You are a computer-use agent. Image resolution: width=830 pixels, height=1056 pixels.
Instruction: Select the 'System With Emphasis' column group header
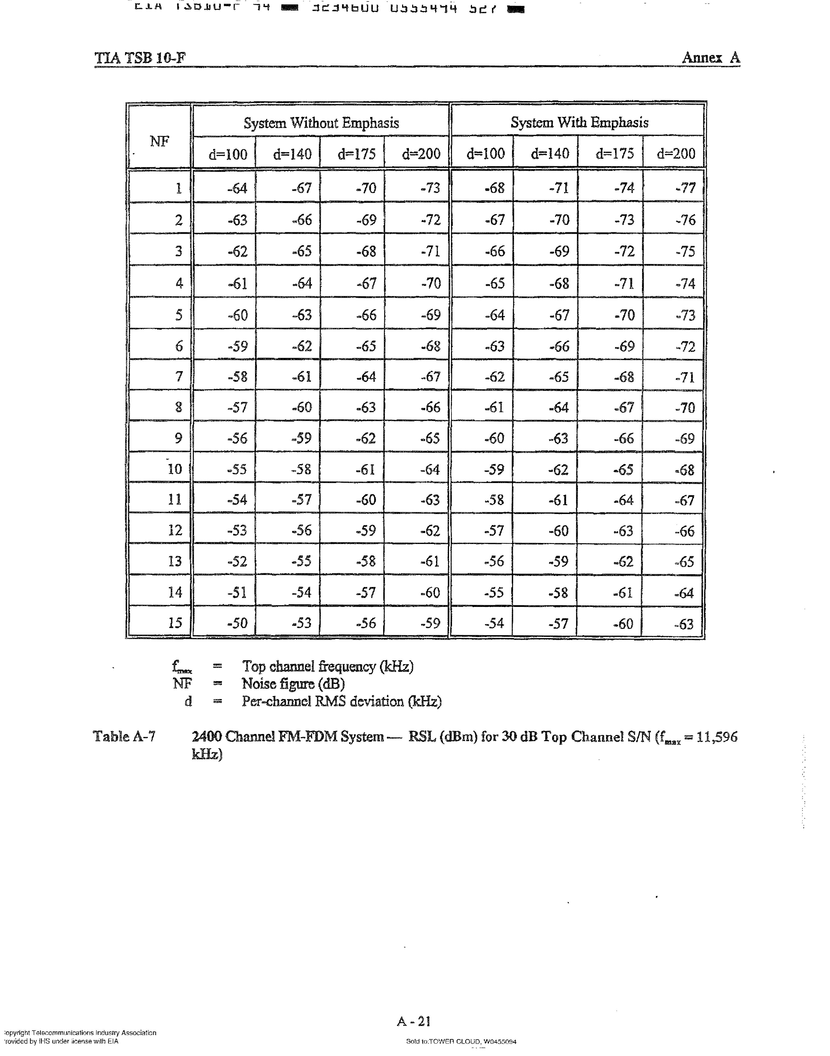[x=579, y=122]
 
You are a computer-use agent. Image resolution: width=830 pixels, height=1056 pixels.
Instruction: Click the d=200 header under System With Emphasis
[x=676, y=154]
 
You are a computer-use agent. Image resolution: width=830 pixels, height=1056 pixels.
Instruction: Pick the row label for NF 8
[x=178, y=407]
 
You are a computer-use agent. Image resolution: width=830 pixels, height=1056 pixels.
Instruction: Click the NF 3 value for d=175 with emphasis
[x=624, y=252]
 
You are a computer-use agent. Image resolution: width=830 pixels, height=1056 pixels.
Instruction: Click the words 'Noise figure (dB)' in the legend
[x=293, y=684]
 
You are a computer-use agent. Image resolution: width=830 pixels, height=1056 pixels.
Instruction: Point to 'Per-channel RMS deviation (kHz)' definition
[x=341, y=701]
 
